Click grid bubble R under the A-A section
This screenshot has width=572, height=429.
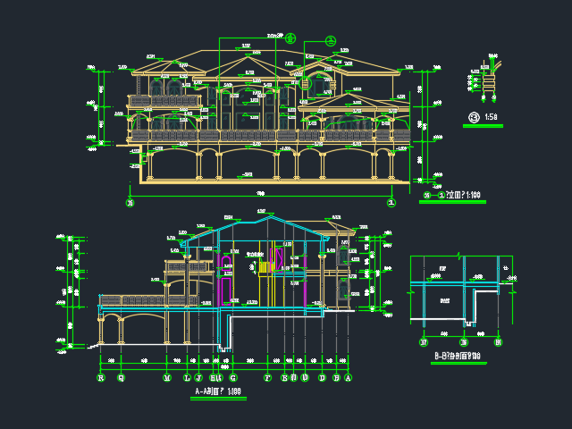[100, 377]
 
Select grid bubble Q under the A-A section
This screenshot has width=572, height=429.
[121, 377]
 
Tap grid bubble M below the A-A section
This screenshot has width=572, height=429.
[166, 377]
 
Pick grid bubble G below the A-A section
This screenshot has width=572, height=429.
[233, 377]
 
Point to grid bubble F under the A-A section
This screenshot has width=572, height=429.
[266, 377]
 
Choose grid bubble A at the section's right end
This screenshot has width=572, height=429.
[348, 377]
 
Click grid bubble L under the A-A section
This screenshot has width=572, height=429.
[186, 377]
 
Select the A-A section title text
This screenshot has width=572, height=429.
[219, 391]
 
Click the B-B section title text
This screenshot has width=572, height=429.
[457, 357]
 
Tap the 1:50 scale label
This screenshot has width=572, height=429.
[491, 117]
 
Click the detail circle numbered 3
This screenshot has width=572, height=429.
[473, 117]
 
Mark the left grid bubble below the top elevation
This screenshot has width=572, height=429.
[130, 202]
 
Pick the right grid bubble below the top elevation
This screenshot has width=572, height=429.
[391, 202]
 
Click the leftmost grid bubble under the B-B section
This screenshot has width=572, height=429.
[424, 341]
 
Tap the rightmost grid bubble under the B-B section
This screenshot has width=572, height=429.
[498, 341]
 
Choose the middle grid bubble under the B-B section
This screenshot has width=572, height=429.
[464, 341]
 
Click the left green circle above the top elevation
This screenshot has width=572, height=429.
[290, 38]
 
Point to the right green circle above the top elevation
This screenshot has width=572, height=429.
[331, 40]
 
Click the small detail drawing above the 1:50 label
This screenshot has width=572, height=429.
[485, 79]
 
